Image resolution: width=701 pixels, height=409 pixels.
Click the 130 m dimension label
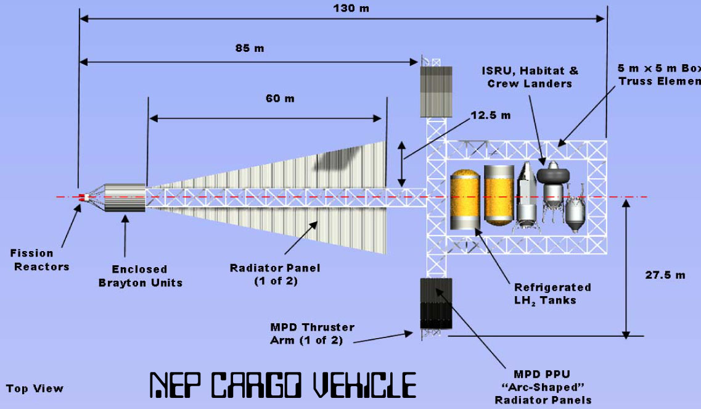tap(351, 8)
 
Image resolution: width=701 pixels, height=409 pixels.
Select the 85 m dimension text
tap(250, 48)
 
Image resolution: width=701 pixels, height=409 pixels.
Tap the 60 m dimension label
tap(281, 98)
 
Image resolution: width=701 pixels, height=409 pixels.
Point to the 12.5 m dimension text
tap(490, 115)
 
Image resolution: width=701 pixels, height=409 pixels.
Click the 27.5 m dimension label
tap(665, 275)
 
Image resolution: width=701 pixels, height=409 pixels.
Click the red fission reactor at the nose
tap(83, 197)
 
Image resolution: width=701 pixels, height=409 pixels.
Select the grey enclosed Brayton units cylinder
tap(125, 197)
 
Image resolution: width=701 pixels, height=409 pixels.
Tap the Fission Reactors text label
tap(40, 260)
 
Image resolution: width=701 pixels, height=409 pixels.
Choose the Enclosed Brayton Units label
tap(141, 276)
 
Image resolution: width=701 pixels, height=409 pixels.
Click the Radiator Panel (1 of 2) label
tap(275, 275)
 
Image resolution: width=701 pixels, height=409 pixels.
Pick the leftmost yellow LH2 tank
tap(465, 200)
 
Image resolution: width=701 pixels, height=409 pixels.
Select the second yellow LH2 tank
tap(499, 195)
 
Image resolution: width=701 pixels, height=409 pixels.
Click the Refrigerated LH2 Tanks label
tap(552, 294)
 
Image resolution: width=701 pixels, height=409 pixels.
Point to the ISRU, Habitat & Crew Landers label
tap(530, 77)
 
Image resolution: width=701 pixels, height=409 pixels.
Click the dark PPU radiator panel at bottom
tap(436, 304)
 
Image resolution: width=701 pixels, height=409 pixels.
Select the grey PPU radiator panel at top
tap(436, 92)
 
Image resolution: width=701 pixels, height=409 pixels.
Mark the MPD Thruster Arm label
tap(312, 334)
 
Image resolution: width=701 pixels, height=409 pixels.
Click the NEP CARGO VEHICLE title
tap(282, 386)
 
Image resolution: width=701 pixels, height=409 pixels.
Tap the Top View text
tap(35, 389)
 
